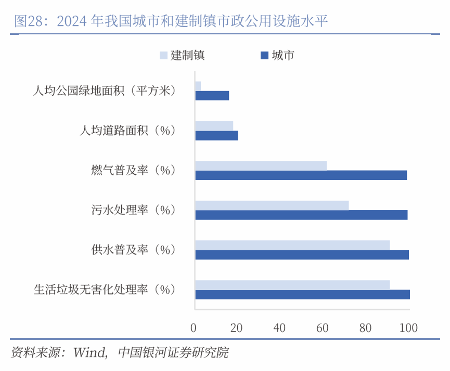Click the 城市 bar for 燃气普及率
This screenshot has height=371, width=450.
click(x=301, y=175)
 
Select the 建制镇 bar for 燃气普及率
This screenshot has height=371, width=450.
click(x=261, y=165)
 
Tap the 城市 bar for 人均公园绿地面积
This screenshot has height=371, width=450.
click(x=212, y=96)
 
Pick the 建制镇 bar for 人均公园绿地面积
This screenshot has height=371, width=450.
click(x=198, y=85)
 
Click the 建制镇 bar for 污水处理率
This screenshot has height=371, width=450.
click(x=272, y=206)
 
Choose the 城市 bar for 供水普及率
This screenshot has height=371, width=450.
click(x=302, y=255)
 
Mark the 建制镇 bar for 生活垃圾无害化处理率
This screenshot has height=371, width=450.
click(x=292, y=285)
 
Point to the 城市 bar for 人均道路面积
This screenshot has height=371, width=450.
click(x=216, y=136)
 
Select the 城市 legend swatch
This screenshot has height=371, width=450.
click(x=263, y=55)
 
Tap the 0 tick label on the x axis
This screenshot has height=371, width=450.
click(x=194, y=328)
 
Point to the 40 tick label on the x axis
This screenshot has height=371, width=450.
click(x=279, y=328)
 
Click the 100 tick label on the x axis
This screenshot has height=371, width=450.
click(x=408, y=328)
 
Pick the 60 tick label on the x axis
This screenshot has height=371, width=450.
click(x=323, y=328)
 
